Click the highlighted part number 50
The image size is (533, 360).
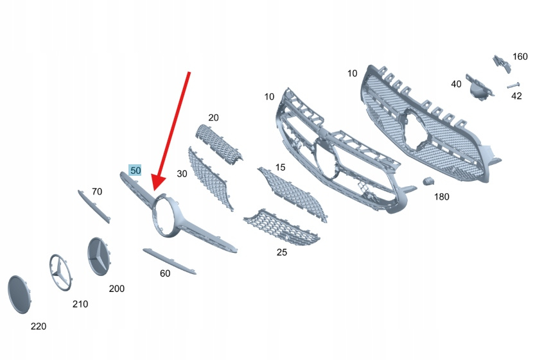pos(135,170)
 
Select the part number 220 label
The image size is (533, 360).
pos(39,327)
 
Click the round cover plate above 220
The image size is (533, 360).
pos(19,295)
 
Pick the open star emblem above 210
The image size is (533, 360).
pos(61,272)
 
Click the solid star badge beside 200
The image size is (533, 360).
pos(100,257)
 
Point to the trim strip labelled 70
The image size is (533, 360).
pos(94,206)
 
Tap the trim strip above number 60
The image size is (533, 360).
pos(169,261)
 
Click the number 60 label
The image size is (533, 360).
pos(165,273)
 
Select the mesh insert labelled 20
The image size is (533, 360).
pos(218,144)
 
